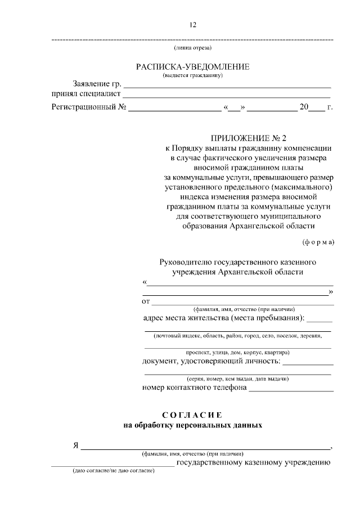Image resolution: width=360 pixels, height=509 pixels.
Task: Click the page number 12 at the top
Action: pos(192,25)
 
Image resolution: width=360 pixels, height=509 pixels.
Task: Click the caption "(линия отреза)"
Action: pos(192,48)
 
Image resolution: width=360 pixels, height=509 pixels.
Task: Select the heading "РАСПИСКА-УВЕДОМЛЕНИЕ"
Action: pos(192,67)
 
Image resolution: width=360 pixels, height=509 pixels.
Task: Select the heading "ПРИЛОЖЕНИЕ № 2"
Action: pos(249,138)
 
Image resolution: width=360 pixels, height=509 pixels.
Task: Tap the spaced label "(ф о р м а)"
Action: pos(318,242)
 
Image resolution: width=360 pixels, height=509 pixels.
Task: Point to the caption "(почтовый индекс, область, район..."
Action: pos(237,336)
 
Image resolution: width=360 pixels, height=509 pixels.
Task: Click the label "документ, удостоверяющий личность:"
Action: pos(211,361)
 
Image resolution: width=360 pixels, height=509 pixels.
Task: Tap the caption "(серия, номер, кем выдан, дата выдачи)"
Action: pos(237,379)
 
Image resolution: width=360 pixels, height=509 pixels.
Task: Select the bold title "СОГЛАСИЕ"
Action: pos(192,415)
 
